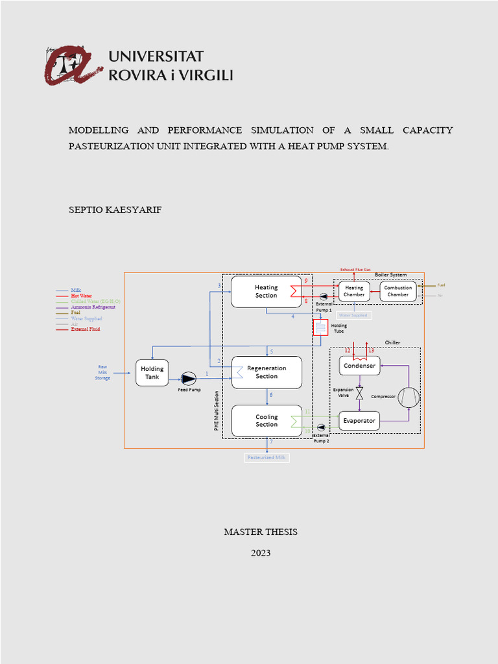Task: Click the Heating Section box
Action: coord(267,291)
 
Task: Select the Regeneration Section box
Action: coord(267,372)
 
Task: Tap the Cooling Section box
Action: coord(267,421)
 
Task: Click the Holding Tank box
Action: coord(152,372)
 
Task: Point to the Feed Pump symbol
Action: coord(189,377)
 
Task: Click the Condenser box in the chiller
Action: coord(359,366)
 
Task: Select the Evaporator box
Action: coord(359,421)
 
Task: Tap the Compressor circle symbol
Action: coord(409,397)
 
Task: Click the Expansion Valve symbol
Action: coord(359,393)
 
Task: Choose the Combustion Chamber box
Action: coord(397,291)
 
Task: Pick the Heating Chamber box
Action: coord(354,291)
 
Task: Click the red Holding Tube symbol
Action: coord(320,327)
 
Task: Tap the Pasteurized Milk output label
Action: coord(267,457)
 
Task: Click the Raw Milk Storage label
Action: coord(102,372)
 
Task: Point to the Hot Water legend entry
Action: coord(81,296)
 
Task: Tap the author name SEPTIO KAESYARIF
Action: coord(115,210)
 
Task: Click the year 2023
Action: coord(260,553)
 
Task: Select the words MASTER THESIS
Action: coord(260,532)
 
